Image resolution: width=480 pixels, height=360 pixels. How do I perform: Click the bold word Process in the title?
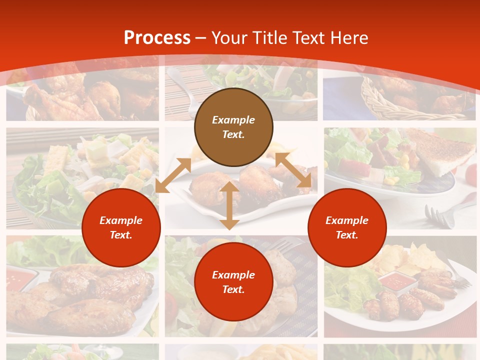157,38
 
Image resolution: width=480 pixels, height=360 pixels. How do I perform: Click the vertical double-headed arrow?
229,205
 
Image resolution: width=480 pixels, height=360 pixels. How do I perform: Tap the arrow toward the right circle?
293,170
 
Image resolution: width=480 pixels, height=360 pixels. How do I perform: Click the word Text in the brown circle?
233,134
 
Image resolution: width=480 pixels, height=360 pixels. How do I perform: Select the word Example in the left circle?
121,220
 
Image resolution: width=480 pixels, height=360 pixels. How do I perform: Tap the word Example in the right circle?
347,220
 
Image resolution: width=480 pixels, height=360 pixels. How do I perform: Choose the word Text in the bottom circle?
233,289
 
